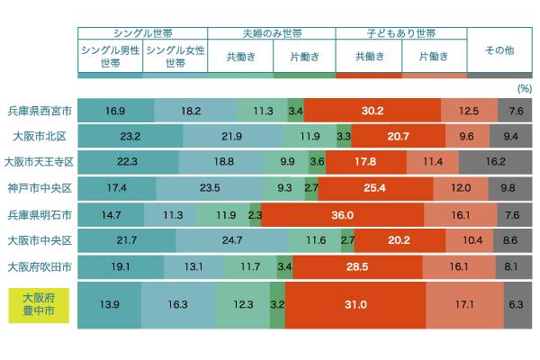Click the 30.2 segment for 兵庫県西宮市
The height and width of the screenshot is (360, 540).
pyautogui.click(x=372, y=111)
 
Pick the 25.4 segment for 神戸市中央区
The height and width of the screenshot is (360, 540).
pyautogui.click(x=375, y=189)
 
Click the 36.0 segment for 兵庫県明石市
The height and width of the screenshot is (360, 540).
pyautogui.click(x=341, y=215)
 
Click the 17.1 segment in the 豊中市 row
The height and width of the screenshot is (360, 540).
pyautogui.click(x=465, y=305)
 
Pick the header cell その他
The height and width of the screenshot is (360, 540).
pyautogui.click(x=499, y=50)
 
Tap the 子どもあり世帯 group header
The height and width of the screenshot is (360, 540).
pyautogui.click(x=401, y=32)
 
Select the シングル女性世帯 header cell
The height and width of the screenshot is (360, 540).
pyautogui.click(x=175, y=56)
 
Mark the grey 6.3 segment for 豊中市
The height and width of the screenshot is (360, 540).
pyautogui.click(x=516, y=305)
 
